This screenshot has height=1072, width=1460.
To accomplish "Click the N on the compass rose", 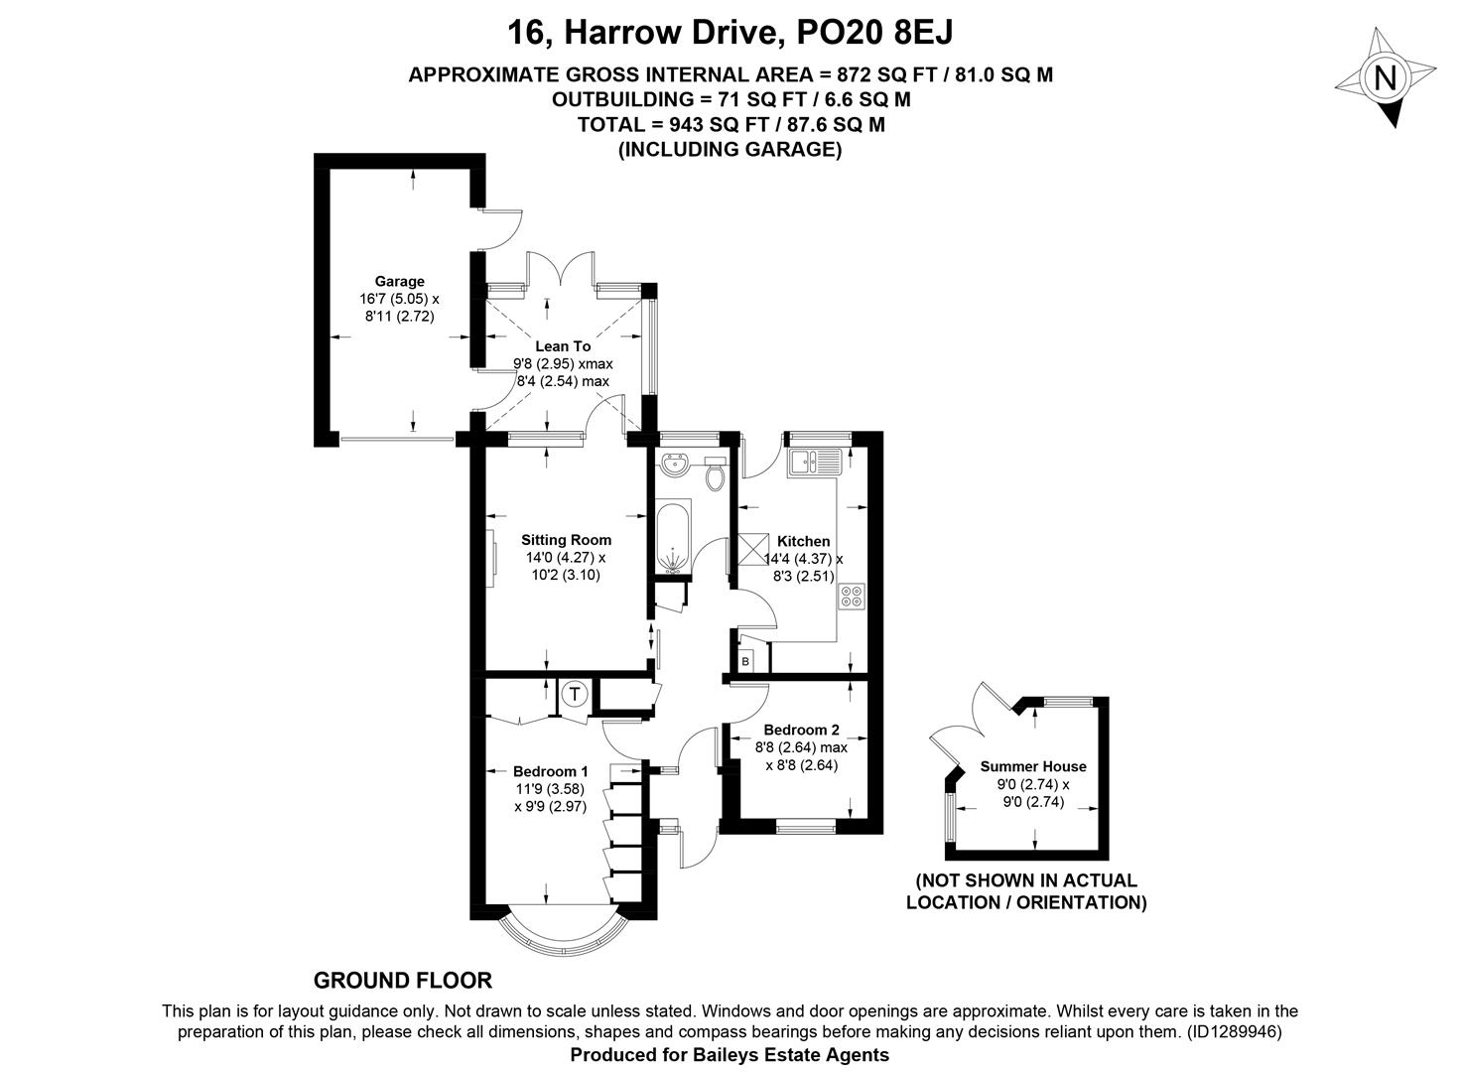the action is tap(1385, 78).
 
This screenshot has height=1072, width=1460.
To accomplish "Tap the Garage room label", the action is tap(400, 282).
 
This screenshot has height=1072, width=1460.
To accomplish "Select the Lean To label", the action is tap(563, 346).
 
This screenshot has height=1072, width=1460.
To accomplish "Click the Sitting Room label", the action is tap(567, 540).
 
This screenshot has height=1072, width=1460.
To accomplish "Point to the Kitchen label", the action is tap(804, 541).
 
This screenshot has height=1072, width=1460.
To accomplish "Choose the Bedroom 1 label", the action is tap(551, 771).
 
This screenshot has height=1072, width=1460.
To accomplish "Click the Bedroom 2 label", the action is tap(802, 730).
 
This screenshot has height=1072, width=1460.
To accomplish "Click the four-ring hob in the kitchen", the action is tap(852, 597).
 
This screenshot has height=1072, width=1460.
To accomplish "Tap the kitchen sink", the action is tap(815, 462).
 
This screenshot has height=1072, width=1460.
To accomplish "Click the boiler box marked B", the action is tap(746, 662).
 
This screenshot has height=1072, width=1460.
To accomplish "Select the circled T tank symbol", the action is tap(575, 695).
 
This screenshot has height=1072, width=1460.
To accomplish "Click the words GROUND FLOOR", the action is tap(403, 980).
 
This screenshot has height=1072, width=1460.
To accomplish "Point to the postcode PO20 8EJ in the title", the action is tap(874, 33).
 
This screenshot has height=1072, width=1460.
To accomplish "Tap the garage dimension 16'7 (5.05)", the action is tap(393, 299).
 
